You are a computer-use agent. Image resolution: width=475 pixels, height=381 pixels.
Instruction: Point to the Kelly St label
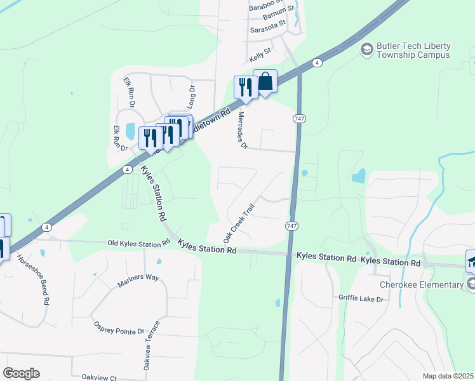coord(260,54)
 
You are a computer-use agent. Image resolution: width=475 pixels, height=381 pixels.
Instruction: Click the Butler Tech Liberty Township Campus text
coord(413,50)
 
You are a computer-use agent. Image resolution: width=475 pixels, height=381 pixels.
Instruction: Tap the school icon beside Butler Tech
coord(366,48)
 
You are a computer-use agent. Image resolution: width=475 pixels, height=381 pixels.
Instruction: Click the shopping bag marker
coord(265,83)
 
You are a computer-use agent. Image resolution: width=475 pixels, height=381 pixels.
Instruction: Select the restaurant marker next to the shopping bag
coord(245,86)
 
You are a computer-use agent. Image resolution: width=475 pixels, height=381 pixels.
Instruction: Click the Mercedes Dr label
coord(241,131)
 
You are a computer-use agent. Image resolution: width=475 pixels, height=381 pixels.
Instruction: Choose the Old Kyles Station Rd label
coord(138,243)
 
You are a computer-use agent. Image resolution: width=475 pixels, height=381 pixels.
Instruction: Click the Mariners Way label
coord(138,281)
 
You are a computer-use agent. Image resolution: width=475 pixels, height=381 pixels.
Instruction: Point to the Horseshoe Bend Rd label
coord(32,281)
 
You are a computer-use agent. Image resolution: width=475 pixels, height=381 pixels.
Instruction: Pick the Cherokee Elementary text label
coord(422,284)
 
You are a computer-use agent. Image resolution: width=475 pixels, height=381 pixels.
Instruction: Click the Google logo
coord(21,373)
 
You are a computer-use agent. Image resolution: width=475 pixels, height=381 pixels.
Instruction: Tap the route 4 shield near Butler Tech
coord(317,62)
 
